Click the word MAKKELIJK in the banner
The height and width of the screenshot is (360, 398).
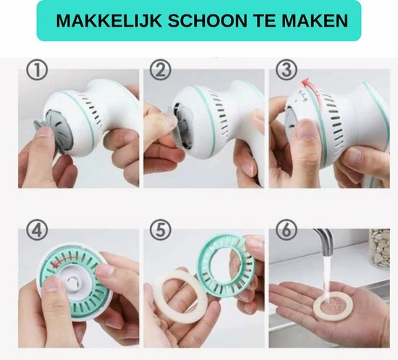(109, 20)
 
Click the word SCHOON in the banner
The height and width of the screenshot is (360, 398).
(207, 20)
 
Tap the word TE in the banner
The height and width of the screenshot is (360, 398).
(264, 20)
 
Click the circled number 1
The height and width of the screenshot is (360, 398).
(37, 70)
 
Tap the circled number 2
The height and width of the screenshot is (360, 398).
(161, 70)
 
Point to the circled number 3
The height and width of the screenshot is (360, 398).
(287, 69)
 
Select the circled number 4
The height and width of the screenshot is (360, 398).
(37, 230)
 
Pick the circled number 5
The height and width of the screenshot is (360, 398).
(161, 230)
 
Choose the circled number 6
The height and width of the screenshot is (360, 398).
(287, 230)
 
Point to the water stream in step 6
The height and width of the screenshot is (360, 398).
(327, 275)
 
